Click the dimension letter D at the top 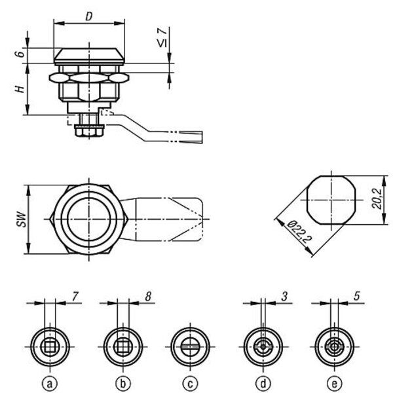pos(89,16)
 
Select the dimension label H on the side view pos(20,89)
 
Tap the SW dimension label pos(22,219)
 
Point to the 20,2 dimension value pos(377,198)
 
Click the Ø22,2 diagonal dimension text pos(299,231)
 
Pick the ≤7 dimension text pos(162,37)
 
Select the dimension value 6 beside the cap pos(20,54)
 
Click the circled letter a pos(50,384)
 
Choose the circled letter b pos(123,384)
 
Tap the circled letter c pos(190,384)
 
